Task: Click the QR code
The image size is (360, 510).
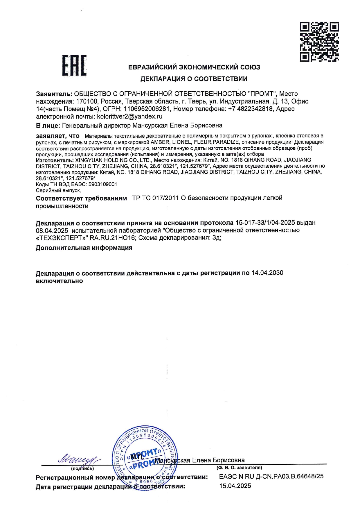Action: [319, 42]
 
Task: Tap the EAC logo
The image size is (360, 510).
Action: [74, 66]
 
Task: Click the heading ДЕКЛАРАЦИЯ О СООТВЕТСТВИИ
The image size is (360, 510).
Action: [194, 79]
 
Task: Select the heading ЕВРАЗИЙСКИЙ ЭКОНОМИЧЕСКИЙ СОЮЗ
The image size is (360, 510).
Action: [194, 67]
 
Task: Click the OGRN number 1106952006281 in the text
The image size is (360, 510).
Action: [146, 109]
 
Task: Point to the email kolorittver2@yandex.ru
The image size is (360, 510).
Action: [129, 117]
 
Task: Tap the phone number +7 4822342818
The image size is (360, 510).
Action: [251, 109]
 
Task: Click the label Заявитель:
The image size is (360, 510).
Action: [54, 94]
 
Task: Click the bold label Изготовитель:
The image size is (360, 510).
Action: [55, 160]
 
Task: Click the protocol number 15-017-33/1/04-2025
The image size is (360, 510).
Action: [265, 223]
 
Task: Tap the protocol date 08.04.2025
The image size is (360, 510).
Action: [52, 230]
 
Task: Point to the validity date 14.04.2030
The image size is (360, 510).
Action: [267, 273]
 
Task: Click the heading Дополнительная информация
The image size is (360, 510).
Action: [84, 248]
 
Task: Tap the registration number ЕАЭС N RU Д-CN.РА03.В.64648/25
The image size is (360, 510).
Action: [271, 476]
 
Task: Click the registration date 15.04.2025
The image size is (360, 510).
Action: [235, 486]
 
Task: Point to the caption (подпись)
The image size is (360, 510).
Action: [82, 468]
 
